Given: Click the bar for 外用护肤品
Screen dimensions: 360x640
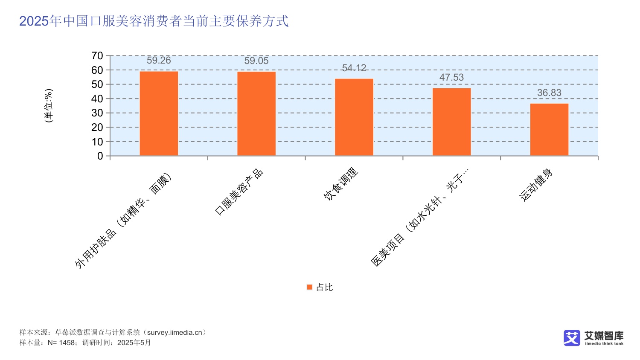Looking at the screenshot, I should click(x=159, y=113).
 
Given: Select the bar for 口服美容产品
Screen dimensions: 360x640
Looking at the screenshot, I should click(x=256, y=114).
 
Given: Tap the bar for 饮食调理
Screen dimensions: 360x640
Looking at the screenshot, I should click(x=354, y=117).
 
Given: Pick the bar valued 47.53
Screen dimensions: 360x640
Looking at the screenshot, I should click(x=451, y=122).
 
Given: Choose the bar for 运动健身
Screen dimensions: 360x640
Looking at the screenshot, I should click(x=549, y=130).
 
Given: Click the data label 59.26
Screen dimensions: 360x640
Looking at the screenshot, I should click(x=159, y=61).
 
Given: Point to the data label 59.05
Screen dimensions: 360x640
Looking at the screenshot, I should click(x=256, y=61).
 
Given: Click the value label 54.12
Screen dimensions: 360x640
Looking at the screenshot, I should click(x=354, y=68).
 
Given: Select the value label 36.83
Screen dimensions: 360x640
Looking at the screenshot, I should click(x=549, y=93).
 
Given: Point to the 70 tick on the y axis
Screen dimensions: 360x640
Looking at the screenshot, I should click(x=97, y=56).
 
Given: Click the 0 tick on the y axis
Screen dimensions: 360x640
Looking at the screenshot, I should click(x=100, y=156).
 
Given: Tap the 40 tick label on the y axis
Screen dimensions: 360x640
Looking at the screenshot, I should click(x=97, y=99).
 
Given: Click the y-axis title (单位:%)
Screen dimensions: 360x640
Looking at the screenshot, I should click(x=49, y=106).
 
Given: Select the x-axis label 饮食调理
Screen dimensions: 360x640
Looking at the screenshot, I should click(x=341, y=184).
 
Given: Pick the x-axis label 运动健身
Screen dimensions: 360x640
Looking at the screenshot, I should click(x=536, y=185).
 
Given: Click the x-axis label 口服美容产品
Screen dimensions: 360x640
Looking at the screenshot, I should click(x=239, y=192).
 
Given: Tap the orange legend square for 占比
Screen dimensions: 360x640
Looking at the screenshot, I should click(x=310, y=287).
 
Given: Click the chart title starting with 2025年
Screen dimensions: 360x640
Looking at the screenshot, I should click(x=154, y=21).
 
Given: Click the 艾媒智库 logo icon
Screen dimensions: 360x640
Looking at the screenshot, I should click(x=572, y=338).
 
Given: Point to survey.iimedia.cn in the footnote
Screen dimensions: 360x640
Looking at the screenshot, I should click(x=175, y=333).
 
